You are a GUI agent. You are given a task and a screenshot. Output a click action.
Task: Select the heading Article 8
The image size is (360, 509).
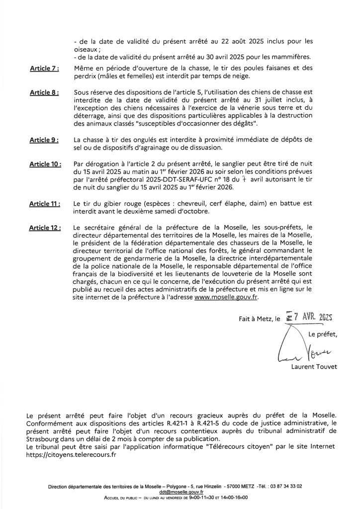44,92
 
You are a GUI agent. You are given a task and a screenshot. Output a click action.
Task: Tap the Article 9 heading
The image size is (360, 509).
44,141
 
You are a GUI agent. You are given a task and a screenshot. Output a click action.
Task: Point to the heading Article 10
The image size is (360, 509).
46,164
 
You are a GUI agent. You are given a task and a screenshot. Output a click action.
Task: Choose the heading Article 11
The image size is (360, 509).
45,204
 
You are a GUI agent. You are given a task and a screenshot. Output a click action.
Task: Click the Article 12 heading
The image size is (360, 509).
46,228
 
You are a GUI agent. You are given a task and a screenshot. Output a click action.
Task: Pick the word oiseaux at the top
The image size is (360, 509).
83,49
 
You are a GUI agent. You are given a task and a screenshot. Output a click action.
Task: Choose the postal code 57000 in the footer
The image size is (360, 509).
233,487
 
